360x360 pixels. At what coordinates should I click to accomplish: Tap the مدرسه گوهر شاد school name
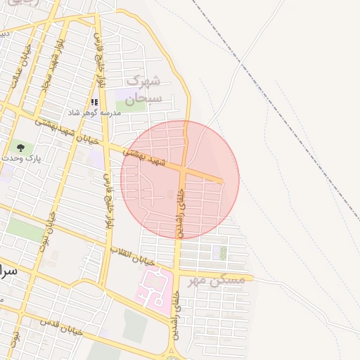[94, 112]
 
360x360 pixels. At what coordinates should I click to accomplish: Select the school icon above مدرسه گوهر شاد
[94, 102]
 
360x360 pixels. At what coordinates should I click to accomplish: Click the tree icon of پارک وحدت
[20, 148]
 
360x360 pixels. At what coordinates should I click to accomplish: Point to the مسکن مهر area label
[217, 280]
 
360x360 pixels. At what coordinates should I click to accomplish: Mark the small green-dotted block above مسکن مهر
[222, 252]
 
